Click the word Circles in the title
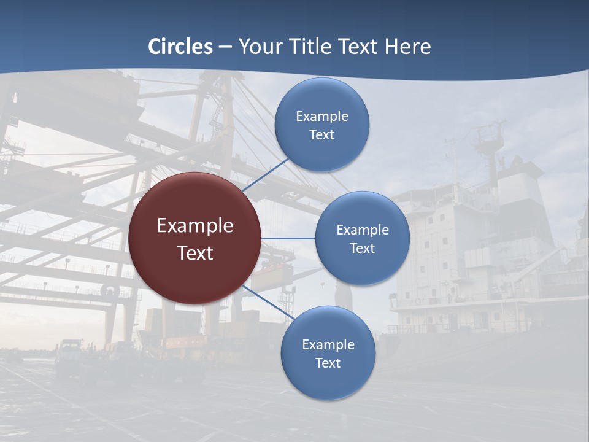pos(180,47)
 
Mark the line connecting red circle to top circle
pos(266,175)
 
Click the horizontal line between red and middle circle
pos(288,238)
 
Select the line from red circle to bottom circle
pos(269,303)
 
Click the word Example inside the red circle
pos(195,226)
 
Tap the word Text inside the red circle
pos(195,253)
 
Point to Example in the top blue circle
pos(322,117)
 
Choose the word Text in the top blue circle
pos(321,135)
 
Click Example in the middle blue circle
pos(363,230)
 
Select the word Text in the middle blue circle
pos(362,249)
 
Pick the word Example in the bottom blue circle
pos(328,345)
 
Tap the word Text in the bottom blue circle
pos(328,363)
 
